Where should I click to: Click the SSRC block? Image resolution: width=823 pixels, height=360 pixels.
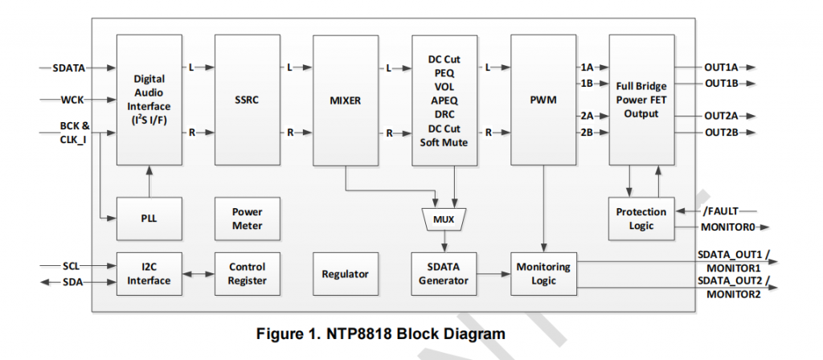(247, 100)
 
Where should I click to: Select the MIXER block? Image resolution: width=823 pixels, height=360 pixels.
(345, 100)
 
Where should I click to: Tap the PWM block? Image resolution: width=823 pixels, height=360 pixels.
(544, 100)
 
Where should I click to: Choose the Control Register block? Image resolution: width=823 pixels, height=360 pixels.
(247, 274)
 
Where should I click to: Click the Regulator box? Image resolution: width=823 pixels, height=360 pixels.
(345, 274)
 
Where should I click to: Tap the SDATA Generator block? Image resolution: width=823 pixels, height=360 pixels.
(444, 274)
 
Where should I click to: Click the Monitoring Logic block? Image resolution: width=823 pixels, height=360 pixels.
(544, 274)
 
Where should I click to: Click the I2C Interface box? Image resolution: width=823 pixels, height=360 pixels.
(149, 274)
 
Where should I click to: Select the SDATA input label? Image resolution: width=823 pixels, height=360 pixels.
(68, 68)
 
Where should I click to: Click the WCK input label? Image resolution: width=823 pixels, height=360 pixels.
(73, 100)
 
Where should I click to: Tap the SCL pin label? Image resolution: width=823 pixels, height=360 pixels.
(72, 266)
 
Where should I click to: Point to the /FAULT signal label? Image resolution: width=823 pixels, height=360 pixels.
(719, 211)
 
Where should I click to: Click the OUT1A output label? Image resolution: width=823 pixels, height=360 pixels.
(722, 68)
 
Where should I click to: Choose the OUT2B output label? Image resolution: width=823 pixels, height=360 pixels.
(722, 133)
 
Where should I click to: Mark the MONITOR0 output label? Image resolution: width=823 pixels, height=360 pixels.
(728, 228)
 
